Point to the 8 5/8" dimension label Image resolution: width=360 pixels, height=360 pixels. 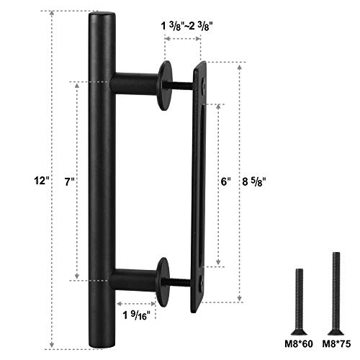pos(256,183)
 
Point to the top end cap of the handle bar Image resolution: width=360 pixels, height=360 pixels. pos(102,16)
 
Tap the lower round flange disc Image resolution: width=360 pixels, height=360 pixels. pos(163,277)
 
